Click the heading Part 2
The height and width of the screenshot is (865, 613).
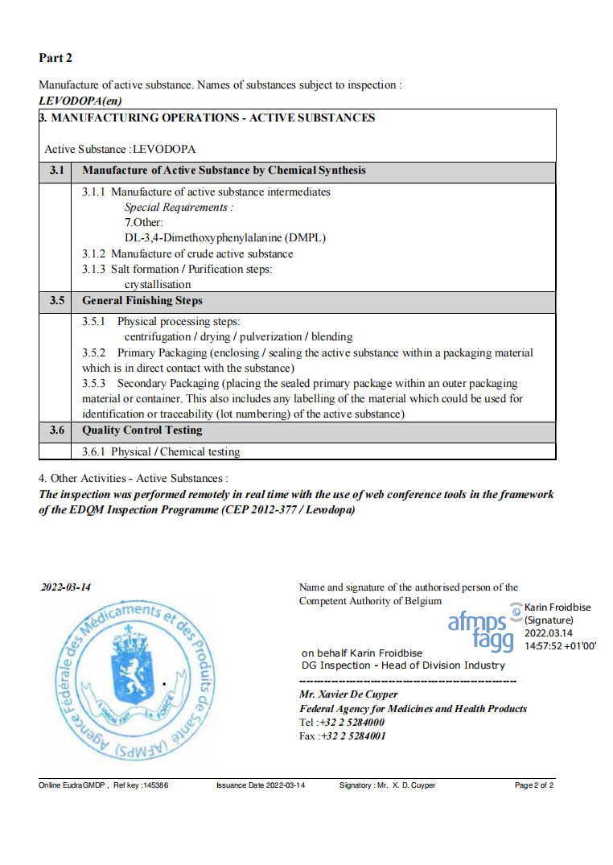(x=56, y=58)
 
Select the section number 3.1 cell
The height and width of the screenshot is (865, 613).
(x=56, y=171)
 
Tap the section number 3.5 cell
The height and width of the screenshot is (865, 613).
(x=56, y=301)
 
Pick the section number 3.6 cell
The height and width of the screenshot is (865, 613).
(x=56, y=430)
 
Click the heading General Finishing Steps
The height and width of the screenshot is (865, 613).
(x=142, y=301)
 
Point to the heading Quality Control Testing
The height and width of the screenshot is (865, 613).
(x=142, y=430)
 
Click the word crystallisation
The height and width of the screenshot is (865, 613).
(x=158, y=284)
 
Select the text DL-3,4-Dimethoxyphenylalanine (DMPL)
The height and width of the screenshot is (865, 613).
(x=225, y=237)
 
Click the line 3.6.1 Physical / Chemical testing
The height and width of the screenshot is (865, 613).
(x=161, y=452)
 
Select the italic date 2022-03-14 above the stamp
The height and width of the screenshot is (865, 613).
(x=66, y=587)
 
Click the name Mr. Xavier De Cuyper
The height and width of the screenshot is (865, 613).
(x=348, y=694)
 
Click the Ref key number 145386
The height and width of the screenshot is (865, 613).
(x=154, y=785)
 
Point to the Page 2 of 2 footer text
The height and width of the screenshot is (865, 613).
(x=534, y=785)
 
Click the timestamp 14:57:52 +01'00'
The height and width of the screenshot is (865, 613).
(x=560, y=645)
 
